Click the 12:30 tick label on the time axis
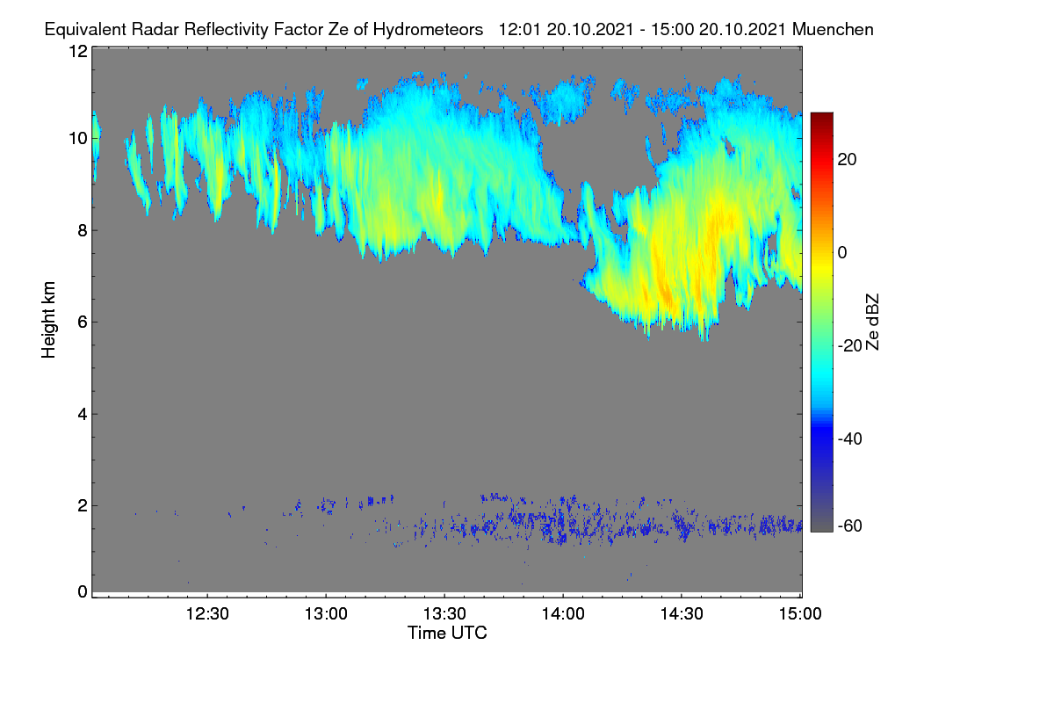[207, 613]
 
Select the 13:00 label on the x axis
[326, 613]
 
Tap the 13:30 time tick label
[444, 613]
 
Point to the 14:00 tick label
[563, 613]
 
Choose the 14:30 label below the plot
[682, 613]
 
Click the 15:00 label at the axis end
[800, 613]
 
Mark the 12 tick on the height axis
[78, 51]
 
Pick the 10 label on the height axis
[78, 139]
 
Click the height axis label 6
[83, 323]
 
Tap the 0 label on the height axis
[83, 591]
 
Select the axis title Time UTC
[447, 633]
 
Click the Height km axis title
[48, 320]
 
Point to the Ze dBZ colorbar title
[872, 323]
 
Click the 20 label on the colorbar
[847, 160]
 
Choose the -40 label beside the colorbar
[850, 438]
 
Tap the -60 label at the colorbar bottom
[850, 525]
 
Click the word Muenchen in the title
[833, 29]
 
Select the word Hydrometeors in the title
[428, 30]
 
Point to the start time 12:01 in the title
[520, 29]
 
